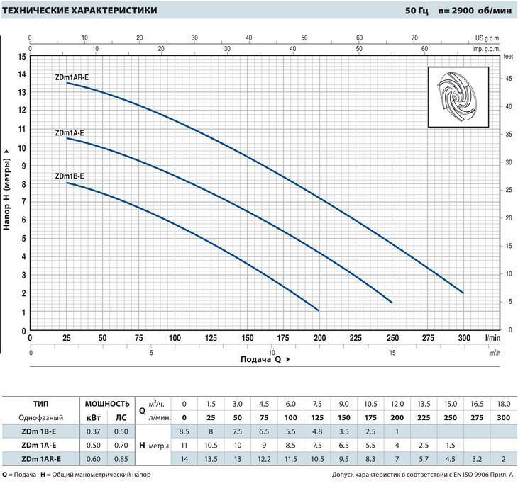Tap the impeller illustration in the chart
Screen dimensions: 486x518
click(x=458, y=98)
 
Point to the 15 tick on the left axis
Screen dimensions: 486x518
click(x=22, y=56)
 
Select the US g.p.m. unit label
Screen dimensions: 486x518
click(x=488, y=38)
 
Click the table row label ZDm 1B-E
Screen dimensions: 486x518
click(x=40, y=431)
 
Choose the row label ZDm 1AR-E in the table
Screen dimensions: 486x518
click(x=41, y=458)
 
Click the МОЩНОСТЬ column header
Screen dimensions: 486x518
click(x=108, y=403)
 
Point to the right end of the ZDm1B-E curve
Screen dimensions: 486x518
click(x=319, y=310)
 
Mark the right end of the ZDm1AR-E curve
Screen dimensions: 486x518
click(x=463, y=293)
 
